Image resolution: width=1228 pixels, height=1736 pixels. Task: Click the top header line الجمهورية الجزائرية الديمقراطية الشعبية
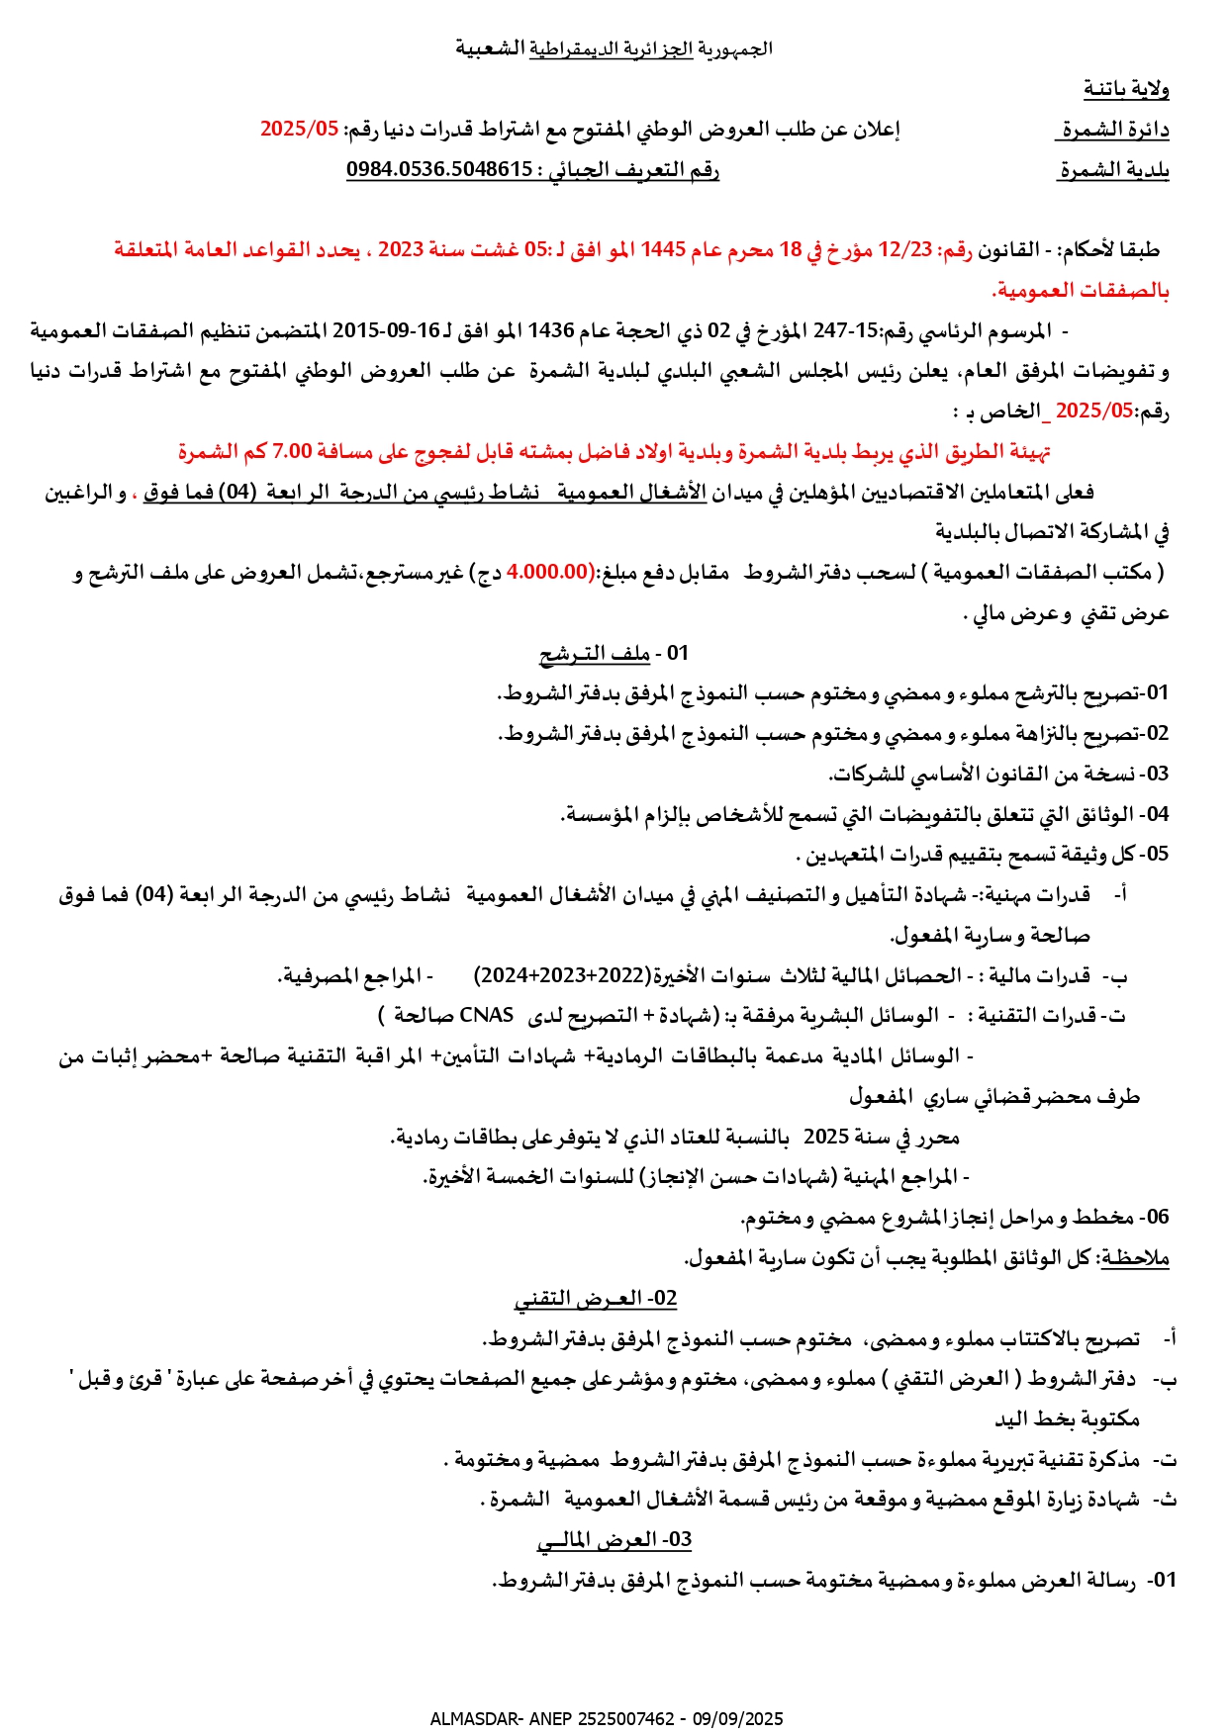614,47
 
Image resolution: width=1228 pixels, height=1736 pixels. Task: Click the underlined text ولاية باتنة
1126,89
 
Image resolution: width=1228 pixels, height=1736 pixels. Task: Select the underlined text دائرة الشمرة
1115,130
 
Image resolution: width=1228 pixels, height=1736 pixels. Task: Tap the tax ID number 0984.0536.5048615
439,169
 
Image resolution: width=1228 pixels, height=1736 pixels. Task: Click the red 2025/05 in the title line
299,129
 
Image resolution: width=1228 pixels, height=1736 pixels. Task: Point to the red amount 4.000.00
547,572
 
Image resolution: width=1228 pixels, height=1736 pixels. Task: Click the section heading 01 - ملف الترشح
614,653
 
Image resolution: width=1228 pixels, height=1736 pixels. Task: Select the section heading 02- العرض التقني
596,1298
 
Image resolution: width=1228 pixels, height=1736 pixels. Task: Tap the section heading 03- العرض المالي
614,1540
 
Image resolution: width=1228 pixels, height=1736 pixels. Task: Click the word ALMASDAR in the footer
469,1719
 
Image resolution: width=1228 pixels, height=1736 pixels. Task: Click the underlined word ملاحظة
1136,1258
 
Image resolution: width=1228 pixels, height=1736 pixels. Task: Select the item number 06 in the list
1157,1217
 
